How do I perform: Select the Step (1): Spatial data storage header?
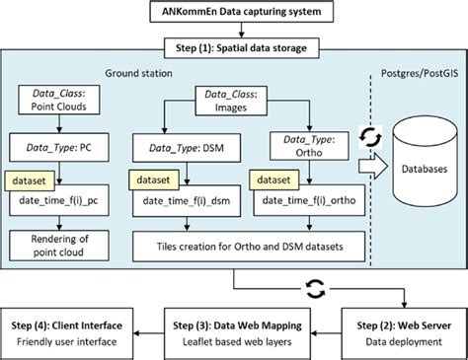(x=234, y=47)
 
